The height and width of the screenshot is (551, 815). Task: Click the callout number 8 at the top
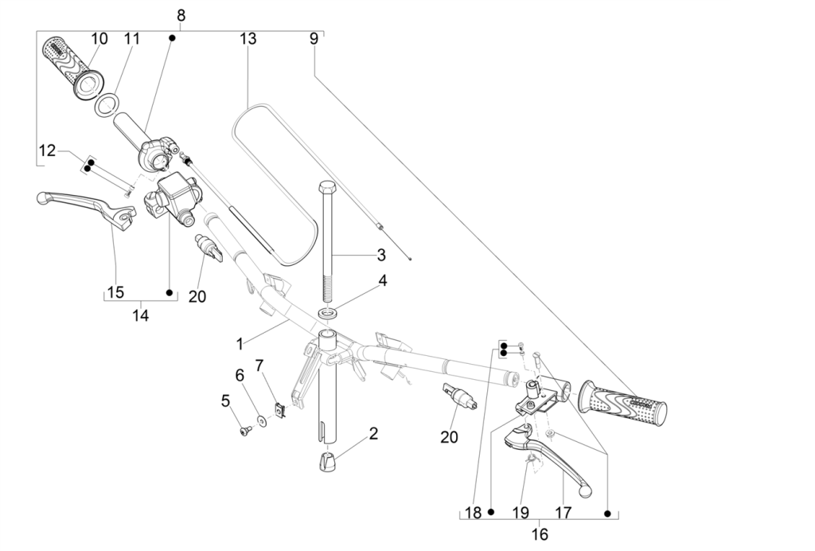[181, 14]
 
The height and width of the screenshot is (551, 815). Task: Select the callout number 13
[248, 38]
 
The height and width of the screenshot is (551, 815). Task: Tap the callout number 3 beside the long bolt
[381, 255]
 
